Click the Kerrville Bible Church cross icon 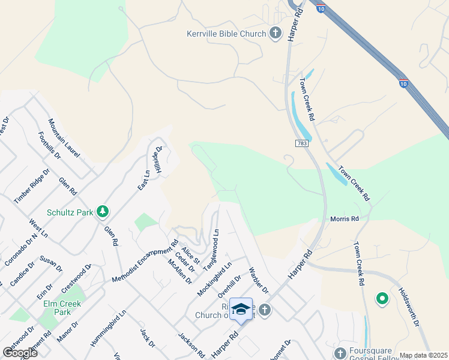click(x=276, y=34)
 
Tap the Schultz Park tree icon click(x=103, y=212)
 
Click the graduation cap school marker click(x=241, y=308)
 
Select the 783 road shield click(x=302, y=143)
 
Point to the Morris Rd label click(x=344, y=219)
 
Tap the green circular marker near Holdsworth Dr click(x=382, y=298)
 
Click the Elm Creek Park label click(x=62, y=308)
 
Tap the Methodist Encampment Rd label click(x=145, y=261)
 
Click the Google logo click(x=20, y=353)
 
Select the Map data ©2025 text click(x=423, y=355)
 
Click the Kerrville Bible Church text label click(x=226, y=34)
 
